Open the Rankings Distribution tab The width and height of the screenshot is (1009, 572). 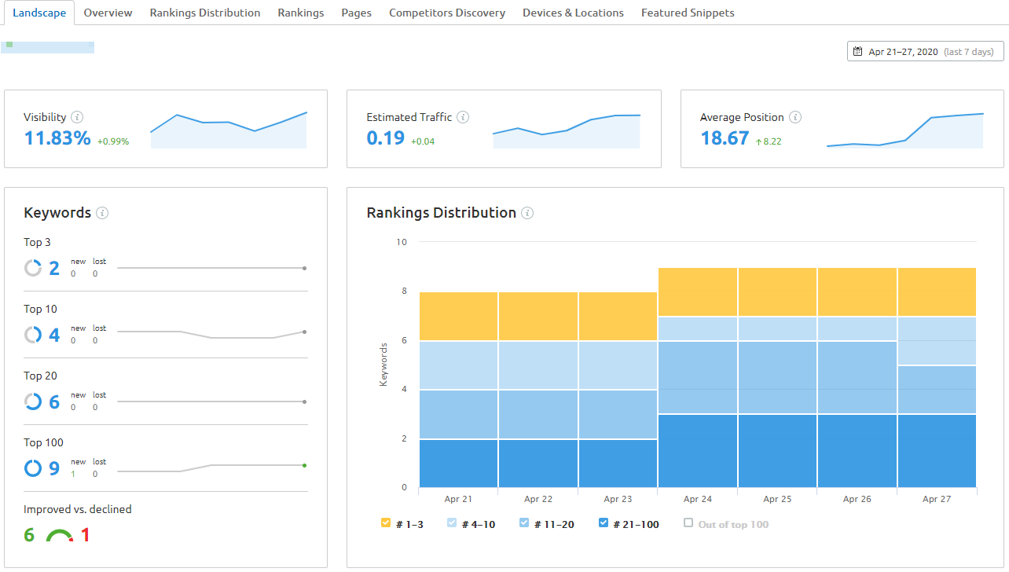(205, 13)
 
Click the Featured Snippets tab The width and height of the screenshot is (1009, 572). (688, 13)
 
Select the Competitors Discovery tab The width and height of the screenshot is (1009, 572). (447, 13)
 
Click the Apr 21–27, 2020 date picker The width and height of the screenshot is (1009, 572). (925, 52)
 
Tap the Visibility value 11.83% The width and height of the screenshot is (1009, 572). (57, 138)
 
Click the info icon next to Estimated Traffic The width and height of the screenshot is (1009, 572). (463, 117)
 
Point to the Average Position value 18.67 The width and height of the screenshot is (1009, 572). (725, 138)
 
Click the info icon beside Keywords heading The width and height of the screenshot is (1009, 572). (102, 213)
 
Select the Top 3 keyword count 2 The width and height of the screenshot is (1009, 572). (54, 269)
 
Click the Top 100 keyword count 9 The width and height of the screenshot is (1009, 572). (54, 469)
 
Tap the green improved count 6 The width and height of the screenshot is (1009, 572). (29, 536)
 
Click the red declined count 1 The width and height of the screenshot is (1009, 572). (85, 536)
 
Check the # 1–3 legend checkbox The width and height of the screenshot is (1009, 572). (386, 523)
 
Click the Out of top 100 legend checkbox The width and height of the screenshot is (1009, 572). (688, 523)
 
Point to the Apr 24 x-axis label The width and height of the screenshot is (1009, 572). (697, 499)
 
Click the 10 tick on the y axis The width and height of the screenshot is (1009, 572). (402, 242)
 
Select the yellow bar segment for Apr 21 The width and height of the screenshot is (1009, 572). (459, 317)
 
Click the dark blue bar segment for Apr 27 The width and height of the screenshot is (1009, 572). (937, 450)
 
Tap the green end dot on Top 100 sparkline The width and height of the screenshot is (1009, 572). (304, 465)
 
